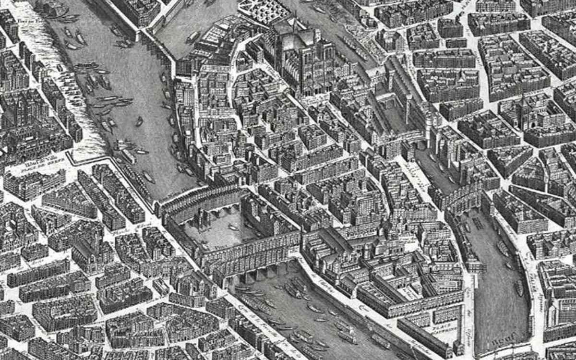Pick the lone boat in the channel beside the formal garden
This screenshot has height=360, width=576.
click(193, 36)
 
